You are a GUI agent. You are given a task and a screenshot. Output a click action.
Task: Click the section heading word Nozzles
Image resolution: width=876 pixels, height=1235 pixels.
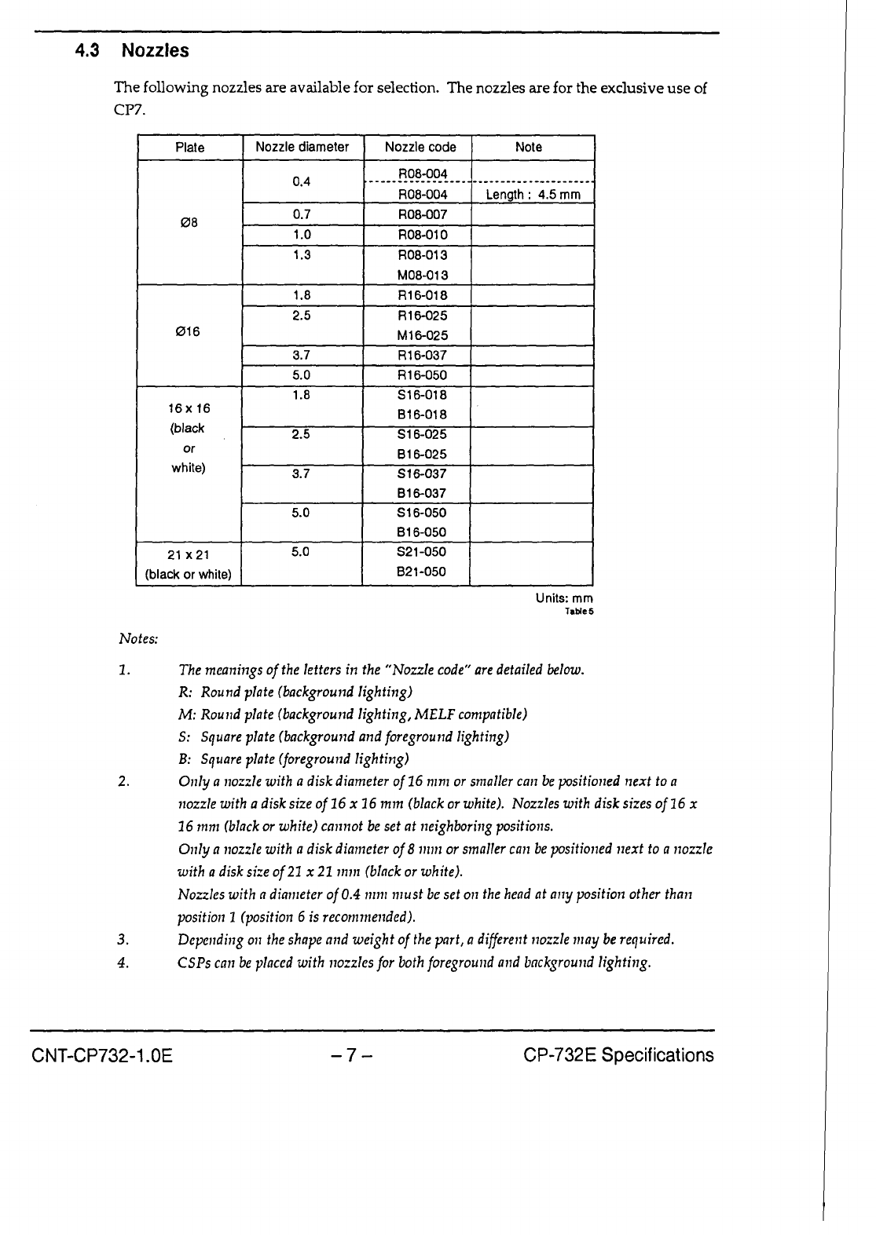156,51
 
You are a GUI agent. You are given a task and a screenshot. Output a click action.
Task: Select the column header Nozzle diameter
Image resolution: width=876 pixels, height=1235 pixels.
302,147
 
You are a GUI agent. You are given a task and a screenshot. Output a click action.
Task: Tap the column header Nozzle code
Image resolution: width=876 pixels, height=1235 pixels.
420,147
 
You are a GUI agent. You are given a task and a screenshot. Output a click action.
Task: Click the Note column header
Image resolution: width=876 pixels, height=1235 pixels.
529,147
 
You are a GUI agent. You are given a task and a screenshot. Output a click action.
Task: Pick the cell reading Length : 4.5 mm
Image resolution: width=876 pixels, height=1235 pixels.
533,194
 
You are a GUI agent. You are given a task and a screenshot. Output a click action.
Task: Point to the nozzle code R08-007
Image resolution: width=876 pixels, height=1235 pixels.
423,214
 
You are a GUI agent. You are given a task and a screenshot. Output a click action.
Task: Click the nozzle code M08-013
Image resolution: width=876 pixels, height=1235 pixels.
423,275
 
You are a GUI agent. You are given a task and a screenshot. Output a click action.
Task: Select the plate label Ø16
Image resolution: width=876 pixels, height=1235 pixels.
189,331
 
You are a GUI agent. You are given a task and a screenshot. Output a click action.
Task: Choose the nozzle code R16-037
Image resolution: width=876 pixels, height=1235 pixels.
423,355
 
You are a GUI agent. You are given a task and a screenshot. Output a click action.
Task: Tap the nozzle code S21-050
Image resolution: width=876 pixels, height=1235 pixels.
422,552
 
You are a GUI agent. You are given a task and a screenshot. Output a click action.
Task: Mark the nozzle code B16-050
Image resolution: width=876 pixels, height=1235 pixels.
422,532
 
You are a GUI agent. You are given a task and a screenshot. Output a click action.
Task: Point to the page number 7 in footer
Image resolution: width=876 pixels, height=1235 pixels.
351,1055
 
